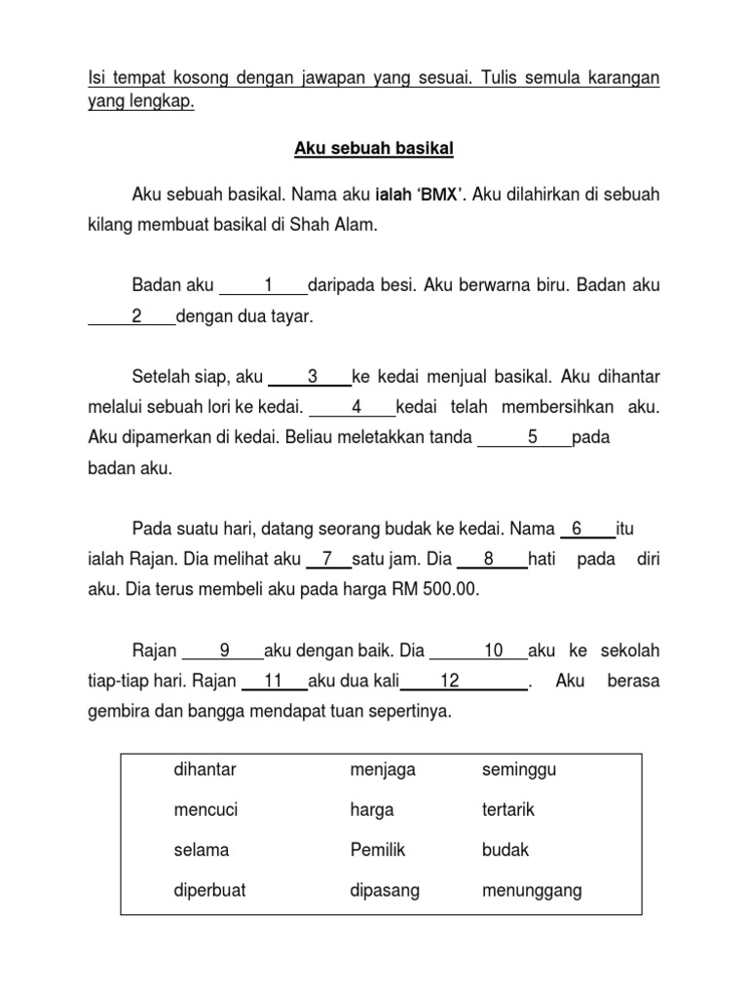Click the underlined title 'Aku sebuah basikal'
pos(375,150)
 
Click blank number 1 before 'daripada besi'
pos(264,285)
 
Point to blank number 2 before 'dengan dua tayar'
pos(134,316)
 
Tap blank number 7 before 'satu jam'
pos(328,559)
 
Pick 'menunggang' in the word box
pos(531,890)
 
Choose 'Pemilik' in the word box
pos(377,850)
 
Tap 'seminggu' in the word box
pos(519,770)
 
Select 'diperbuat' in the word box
pos(206,890)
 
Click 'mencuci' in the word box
pos(206,810)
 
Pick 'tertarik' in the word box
pos(508,810)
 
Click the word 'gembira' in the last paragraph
pos(117,712)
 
